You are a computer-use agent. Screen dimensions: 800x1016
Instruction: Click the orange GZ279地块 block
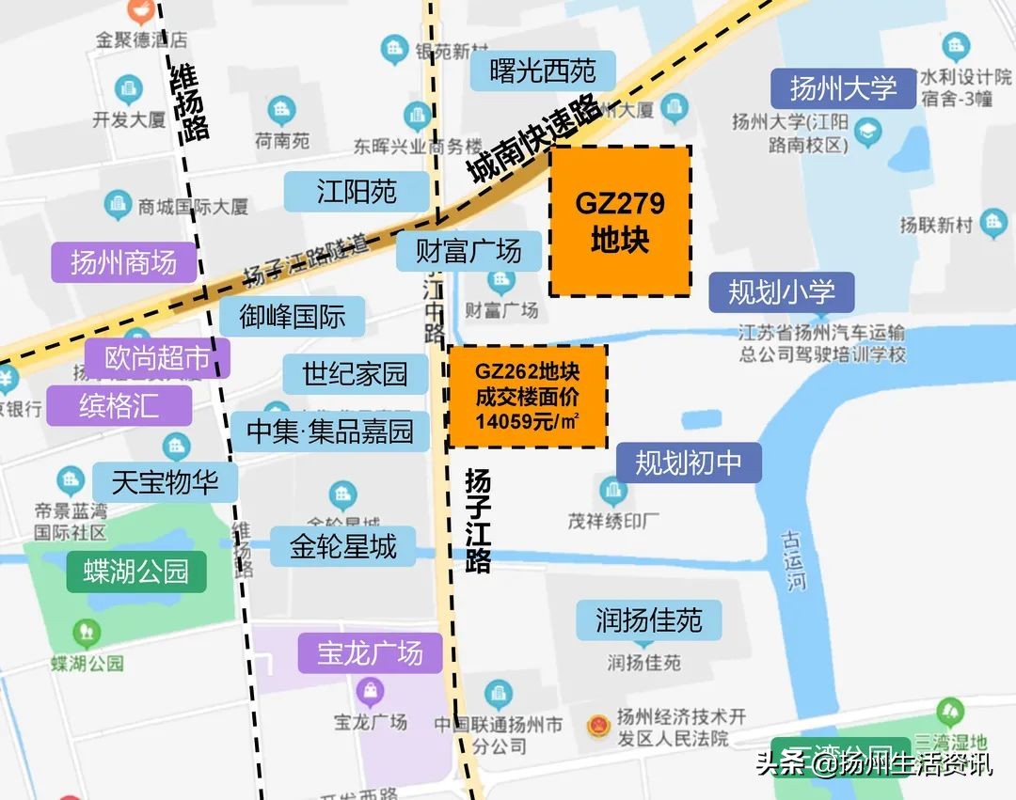[620, 221]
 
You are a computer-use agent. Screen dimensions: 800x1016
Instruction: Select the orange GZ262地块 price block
[527, 396]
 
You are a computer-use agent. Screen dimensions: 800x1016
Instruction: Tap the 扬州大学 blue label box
[843, 89]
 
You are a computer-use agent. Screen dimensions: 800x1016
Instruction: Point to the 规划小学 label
[781, 292]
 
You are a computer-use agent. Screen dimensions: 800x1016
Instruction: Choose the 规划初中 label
[688, 463]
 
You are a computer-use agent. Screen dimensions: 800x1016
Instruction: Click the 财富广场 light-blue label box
[468, 252]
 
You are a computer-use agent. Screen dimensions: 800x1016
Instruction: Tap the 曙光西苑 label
[543, 71]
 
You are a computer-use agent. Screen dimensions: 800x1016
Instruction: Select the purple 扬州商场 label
[123, 262]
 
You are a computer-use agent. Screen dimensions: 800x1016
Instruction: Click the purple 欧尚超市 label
[156, 358]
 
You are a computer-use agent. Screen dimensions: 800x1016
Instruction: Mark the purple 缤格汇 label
[119, 405]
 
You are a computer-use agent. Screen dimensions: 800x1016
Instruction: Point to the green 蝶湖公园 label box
[136, 571]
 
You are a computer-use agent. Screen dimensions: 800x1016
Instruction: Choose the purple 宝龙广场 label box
[370, 653]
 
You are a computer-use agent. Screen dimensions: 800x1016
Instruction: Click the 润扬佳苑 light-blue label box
[648, 620]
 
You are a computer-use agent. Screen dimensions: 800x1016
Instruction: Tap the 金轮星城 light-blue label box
[342, 546]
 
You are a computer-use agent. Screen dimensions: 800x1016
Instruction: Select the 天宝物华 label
[165, 482]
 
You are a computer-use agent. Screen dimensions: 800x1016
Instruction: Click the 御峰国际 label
[292, 317]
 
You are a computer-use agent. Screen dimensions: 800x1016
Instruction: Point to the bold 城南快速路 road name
[533, 138]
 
